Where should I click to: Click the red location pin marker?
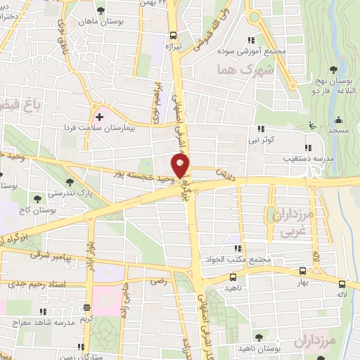click(181, 166)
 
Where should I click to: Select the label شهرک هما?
click(234, 70)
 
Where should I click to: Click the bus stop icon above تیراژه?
click(173, 34)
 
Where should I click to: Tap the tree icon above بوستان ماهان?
click(103, 11)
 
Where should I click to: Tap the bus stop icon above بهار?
click(302, 270)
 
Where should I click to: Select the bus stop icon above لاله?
click(341, 285)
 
